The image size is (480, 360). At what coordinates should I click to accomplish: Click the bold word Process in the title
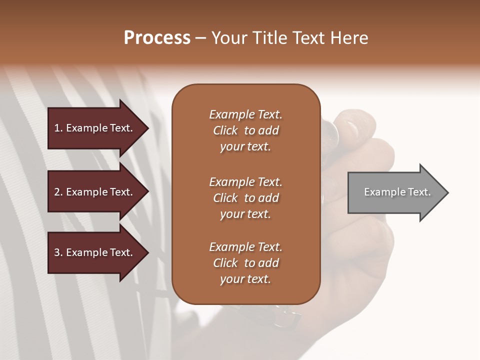(x=157, y=38)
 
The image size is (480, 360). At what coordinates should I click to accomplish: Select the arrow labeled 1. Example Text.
(x=95, y=128)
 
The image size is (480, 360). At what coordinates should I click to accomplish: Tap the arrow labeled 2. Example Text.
(x=95, y=192)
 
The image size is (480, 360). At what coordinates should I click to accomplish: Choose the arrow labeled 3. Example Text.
(x=95, y=252)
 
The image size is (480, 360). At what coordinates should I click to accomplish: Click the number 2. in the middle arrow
(x=58, y=192)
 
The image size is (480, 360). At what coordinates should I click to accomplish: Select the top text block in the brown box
(x=245, y=130)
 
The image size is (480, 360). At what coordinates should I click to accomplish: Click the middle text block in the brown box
(x=245, y=198)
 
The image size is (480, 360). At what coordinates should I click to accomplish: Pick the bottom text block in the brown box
(x=245, y=263)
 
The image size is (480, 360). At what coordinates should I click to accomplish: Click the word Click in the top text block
(x=225, y=130)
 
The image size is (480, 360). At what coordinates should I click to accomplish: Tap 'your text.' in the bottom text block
(x=245, y=279)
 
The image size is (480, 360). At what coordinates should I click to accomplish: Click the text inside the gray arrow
(x=397, y=192)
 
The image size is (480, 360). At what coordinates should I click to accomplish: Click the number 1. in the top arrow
(x=58, y=128)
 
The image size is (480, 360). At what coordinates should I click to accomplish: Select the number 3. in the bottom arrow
(x=58, y=252)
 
